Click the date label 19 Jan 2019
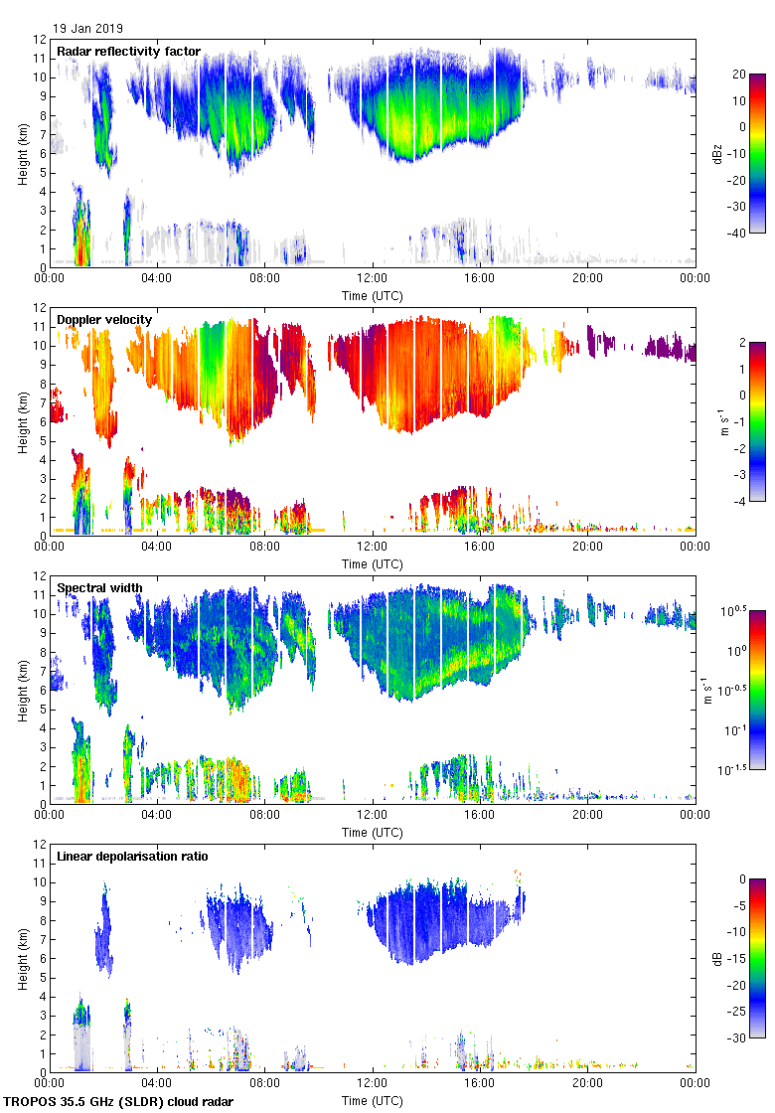point(87,29)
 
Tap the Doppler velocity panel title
point(104,319)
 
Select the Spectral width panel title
point(99,587)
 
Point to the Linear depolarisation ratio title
point(132,856)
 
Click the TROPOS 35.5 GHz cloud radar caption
point(120,1101)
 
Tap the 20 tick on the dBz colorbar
point(739,75)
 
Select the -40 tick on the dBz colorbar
point(741,233)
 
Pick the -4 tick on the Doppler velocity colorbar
point(739,501)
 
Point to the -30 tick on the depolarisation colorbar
point(741,1037)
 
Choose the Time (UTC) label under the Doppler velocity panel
point(372,563)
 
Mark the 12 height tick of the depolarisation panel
point(39,844)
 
